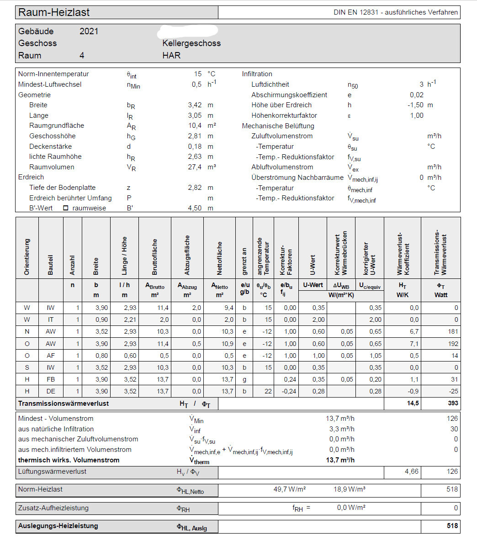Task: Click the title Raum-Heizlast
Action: point(54,12)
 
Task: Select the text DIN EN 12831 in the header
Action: point(356,12)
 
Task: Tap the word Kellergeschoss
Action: point(191,43)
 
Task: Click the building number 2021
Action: point(89,31)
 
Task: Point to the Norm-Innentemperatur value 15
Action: point(197,74)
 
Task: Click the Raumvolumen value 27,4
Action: point(195,167)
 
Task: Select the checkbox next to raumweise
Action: point(65,208)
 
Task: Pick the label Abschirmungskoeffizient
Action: point(289,95)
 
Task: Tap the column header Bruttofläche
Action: point(154,257)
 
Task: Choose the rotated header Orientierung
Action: point(27,257)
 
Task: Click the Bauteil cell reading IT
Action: point(51,320)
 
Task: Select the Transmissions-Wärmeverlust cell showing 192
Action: point(452,344)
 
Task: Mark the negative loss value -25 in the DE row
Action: point(453,391)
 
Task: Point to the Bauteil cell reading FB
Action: point(51,379)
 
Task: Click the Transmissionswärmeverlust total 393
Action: point(452,403)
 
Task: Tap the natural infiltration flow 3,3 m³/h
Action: point(342,429)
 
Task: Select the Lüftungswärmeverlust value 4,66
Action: point(411,471)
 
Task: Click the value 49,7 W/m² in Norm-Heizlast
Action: point(289,489)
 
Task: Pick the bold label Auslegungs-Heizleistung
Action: point(58,526)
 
